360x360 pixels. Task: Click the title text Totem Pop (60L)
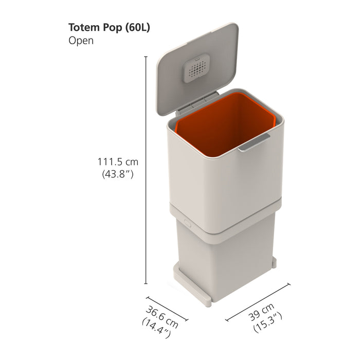109,28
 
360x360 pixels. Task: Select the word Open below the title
81,41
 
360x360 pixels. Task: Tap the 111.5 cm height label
118,162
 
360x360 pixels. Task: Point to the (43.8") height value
118,174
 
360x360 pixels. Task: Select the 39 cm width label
260,312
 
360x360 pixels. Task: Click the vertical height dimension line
146,170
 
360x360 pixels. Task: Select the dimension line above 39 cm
257,300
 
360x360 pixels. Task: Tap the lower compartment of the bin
226,257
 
